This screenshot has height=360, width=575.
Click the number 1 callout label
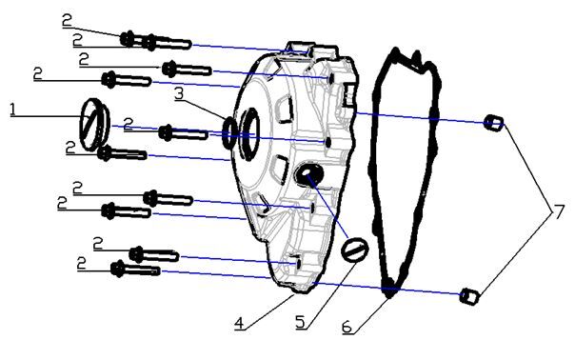pos(12,110)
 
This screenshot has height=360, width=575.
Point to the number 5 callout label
pos(301,322)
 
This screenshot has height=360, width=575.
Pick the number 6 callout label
pos(347,327)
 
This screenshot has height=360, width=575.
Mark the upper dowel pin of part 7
pos(493,122)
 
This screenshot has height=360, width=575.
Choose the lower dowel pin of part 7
pos(467,295)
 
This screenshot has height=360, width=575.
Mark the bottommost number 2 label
pos(82,260)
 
